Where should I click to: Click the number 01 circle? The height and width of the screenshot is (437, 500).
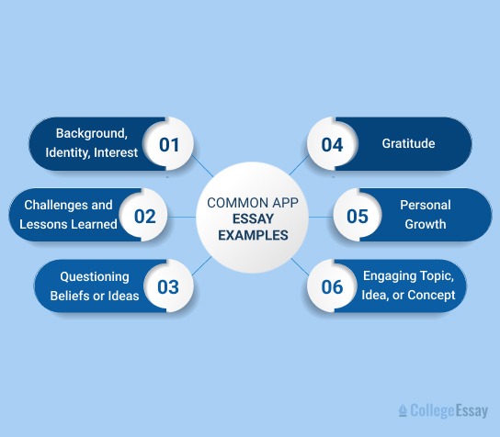tap(168, 144)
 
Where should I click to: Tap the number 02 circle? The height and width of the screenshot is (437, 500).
tap(144, 217)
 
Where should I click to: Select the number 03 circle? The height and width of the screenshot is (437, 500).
tap(167, 286)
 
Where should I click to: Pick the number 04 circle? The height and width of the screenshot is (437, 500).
tap(332, 144)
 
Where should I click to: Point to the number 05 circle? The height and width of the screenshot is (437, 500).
tap(356, 217)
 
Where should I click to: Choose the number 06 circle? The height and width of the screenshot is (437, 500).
tap(331, 286)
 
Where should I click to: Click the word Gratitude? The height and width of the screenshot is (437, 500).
tap(408, 144)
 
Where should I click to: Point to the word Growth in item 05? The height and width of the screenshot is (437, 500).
tap(424, 224)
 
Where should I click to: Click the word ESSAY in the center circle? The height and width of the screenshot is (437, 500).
tap(248, 218)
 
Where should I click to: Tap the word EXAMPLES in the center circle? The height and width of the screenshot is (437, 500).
tap(247, 234)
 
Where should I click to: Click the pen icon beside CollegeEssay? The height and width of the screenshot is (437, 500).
tap(403, 411)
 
